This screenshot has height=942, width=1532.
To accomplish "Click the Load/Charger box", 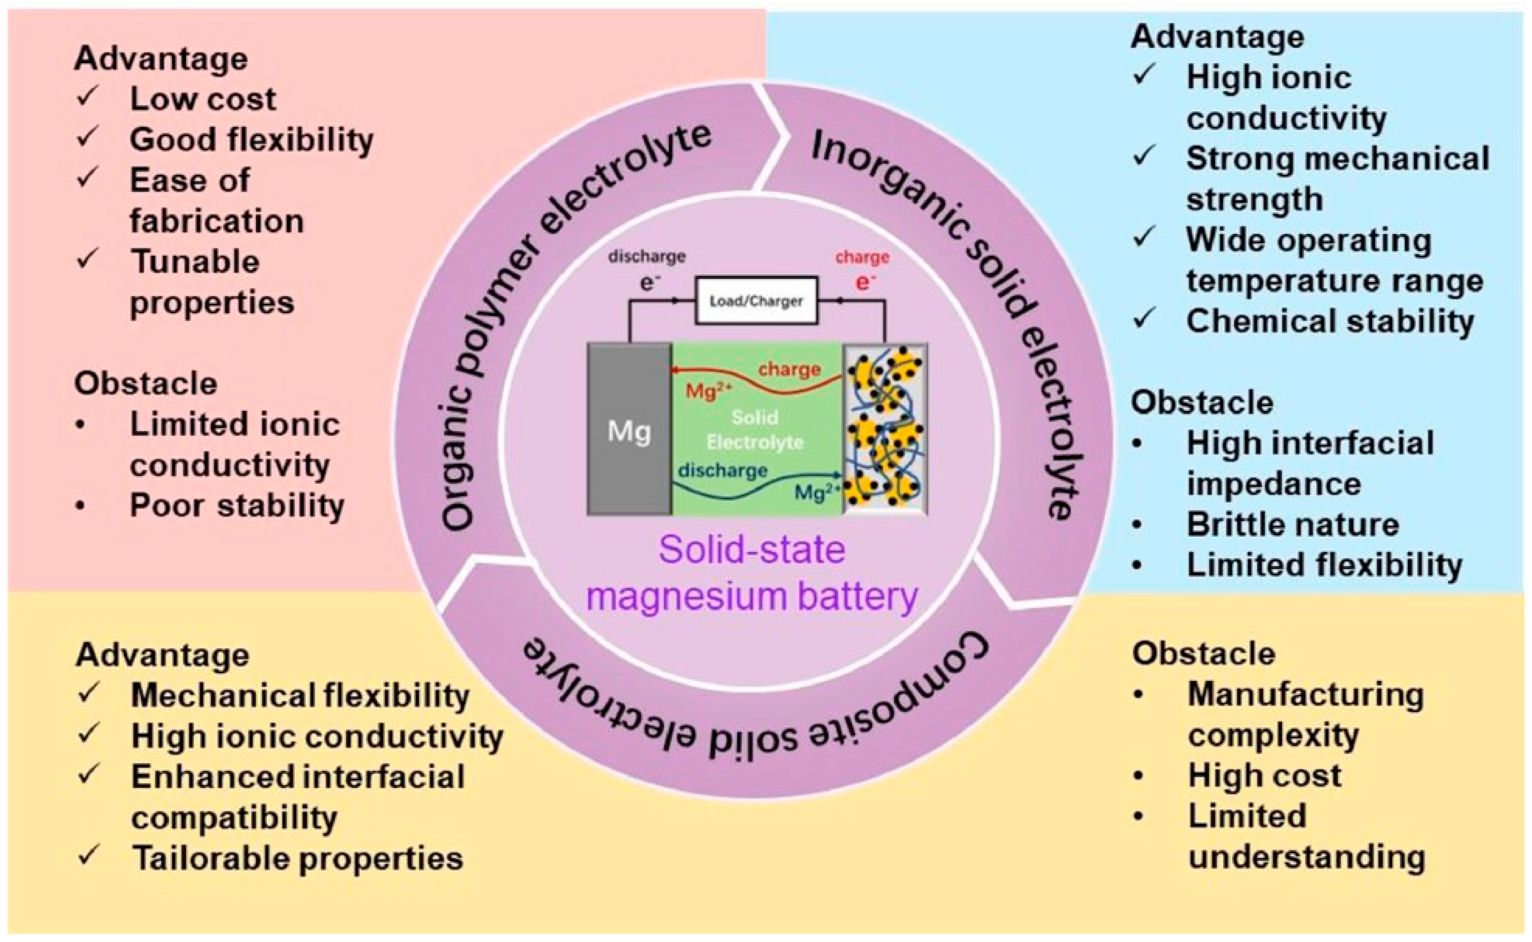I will (x=756, y=301).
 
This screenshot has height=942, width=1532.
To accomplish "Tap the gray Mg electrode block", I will (x=629, y=430).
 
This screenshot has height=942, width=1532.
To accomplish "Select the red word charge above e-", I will (x=862, y=257).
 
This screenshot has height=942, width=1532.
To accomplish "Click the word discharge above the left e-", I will (x=647, y=256).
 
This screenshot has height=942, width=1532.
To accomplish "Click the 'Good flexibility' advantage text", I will (x=251, y=139).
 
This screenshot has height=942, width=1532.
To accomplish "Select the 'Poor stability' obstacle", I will (x=237, y=505).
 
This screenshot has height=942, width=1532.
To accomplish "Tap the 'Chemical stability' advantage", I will (x=1329, y=321).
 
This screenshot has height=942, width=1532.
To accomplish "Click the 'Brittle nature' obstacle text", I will (x=1293, y=525).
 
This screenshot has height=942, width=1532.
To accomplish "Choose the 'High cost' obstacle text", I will (x=1264, y=776).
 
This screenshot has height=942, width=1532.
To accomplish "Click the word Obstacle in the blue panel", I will (x=1202, y=402).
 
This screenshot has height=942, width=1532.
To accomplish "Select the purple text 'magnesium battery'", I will (x=752, y=596).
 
